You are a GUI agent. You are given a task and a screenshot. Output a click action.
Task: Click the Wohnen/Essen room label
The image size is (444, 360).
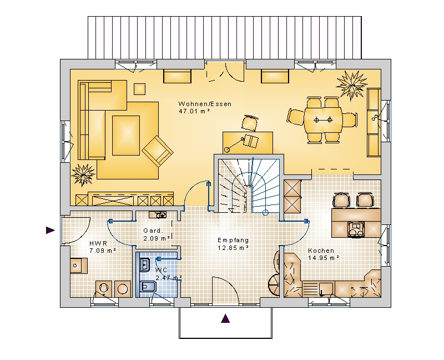[x=205, y=104]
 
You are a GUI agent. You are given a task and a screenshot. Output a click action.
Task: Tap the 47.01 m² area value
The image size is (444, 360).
[x=194, y=112]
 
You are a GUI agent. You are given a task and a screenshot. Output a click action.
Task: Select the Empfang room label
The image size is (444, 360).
[x=233, y=240]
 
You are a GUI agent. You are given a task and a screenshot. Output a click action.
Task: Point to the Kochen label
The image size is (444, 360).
[x=321, y=251]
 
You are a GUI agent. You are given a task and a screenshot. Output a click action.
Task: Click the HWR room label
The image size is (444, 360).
[x=98, y=243]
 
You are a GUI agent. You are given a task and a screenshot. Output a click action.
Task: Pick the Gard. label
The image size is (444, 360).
[x=154, y=231]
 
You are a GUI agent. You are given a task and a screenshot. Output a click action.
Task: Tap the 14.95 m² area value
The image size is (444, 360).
[x=324, y=258]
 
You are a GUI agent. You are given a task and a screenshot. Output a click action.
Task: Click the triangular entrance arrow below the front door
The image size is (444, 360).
[x=225, y=319]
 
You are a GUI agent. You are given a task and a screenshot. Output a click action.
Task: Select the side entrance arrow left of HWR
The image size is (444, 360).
[x=50, y=230]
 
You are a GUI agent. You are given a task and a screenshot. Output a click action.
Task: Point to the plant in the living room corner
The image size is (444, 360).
[x=83, y=174]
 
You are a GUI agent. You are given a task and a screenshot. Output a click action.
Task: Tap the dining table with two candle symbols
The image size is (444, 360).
[x=323, y=120]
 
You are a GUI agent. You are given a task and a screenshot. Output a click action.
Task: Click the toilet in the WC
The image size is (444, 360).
[x=148, y=288]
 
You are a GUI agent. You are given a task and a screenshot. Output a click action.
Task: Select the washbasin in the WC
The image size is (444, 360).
[x=145, y=265]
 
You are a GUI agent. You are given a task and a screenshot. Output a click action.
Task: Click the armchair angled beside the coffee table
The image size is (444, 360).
[x=158, y=151]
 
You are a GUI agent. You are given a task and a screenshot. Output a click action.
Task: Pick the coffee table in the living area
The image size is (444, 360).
[x=126, y=135]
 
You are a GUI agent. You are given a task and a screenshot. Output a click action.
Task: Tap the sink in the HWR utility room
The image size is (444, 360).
[x=79, y=266]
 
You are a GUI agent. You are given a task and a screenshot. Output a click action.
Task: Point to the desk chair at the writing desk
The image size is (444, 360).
[x=250, y=122]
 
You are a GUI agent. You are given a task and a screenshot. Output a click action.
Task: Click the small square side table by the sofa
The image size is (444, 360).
[x=139, y=89]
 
